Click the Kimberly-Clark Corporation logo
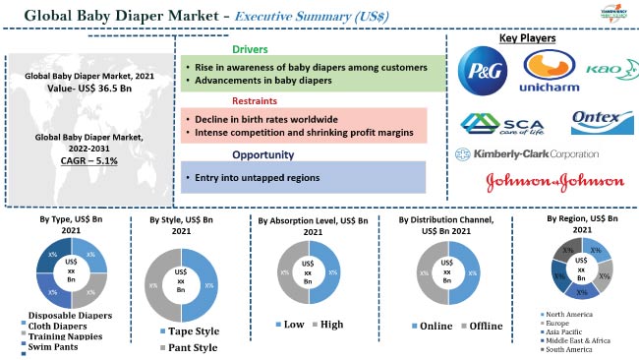pos(527,153)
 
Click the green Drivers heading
pos(250,49)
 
